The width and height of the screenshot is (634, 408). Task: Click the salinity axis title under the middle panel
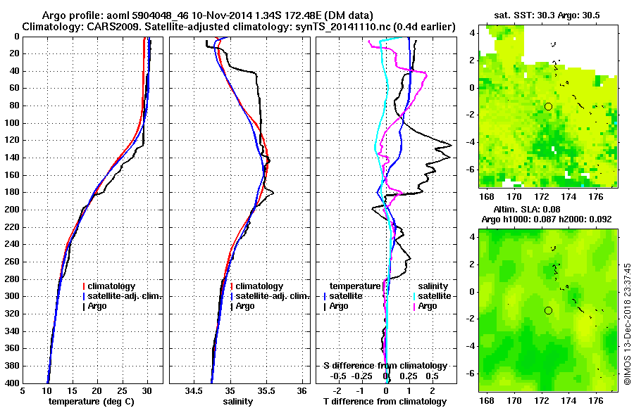pyautogui.click(x=239, y=402)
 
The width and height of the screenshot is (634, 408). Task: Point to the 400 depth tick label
pyautogui.click(x=11, y=383)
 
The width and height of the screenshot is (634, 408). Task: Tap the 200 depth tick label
pyautogui.click(x=11, y=210)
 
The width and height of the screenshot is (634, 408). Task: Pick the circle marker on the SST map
pyautogui.click(x=548, y=106)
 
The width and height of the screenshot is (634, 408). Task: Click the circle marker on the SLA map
pyautogui.click(x=548, y=310)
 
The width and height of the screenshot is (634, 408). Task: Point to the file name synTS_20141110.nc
pyautogui.click(x=341, y=27)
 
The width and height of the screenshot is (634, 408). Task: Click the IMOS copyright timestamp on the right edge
pyautogui.click(x=627, y=324)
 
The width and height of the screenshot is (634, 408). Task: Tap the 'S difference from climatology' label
pyautogui.click(x=385, y=366)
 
